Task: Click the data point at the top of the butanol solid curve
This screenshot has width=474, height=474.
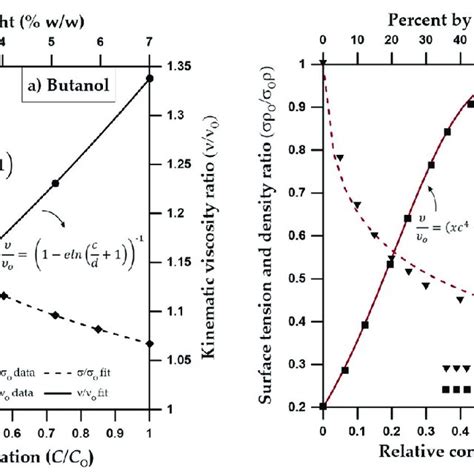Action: (x=150, y=77)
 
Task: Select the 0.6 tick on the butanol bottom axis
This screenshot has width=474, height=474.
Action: (x=8, y=431)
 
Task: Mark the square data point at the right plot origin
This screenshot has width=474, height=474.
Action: (x=323, y=407)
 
